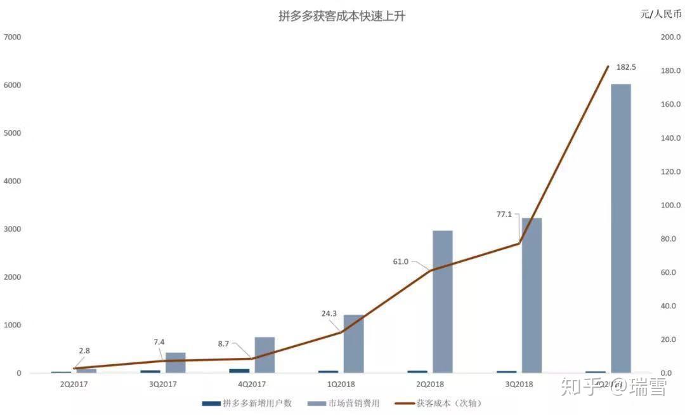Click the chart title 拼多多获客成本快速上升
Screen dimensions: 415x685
tap(342, 16)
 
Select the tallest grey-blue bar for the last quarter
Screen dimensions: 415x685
tap(620, 228)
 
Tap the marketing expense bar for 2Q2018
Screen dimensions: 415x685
tap(443, 301)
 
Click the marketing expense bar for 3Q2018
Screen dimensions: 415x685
tap(532, 295)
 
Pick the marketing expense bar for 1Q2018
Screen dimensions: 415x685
tap(354, 343)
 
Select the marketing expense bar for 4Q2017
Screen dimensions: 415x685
tap(264, 355)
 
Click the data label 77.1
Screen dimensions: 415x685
tap(505, 215)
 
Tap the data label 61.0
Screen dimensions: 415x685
tap(401, 261)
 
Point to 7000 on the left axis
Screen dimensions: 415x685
tap(12, 37)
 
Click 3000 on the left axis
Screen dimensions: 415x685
tap(12, 229)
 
